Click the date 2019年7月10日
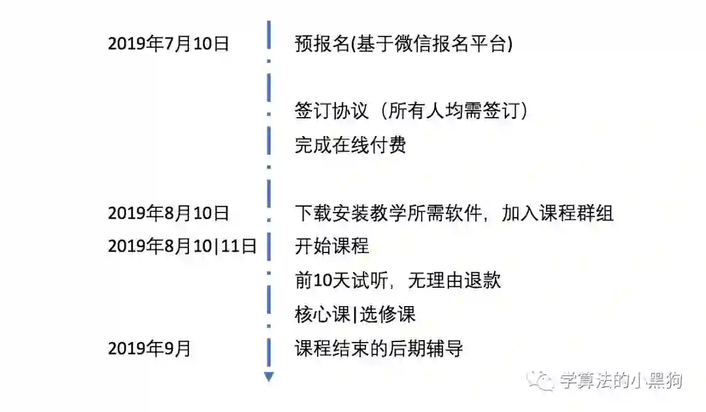point(169,44)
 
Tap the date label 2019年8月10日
point(169,213)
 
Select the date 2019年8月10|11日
point(182,247)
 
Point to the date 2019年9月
point(150,349)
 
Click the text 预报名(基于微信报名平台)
point(403,44)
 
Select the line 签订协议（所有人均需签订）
point(412,111)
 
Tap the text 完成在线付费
point(350,145)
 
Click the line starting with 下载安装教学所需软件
point(454,213)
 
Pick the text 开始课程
point(332,247)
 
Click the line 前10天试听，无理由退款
point(398,281)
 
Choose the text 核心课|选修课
point(355,315)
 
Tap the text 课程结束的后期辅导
point(379,349)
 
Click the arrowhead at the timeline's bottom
point(269,377)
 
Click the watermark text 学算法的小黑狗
point(620,380)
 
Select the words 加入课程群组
point(558,213)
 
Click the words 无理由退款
point(454,281)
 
